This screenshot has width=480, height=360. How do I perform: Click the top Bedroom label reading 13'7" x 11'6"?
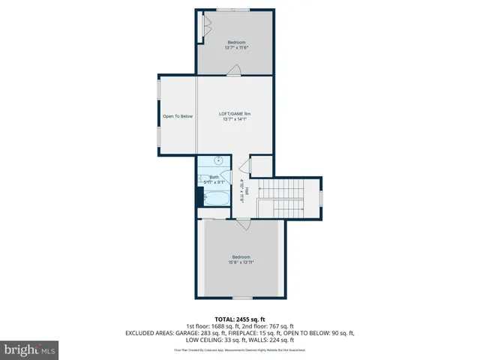pos(235,45)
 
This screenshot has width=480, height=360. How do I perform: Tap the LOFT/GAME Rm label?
pos(235,116)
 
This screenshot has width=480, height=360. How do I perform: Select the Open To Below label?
pos(178,116)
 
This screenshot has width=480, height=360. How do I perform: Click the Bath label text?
pos(214,179)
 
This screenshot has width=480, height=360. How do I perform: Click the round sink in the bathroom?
pos(219,161)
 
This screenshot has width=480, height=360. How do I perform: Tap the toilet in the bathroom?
pos(200,197)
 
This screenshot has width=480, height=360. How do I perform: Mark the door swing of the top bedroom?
pos(235,70)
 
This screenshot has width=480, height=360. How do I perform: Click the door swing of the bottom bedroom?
pos(242,223)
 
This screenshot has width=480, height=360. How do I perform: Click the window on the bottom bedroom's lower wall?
pos(241,298)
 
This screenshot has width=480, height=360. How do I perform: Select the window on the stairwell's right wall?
pos(321,198)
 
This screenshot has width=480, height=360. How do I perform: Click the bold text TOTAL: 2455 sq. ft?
pos(240,319)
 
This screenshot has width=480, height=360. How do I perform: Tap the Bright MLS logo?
pos(29,349)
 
